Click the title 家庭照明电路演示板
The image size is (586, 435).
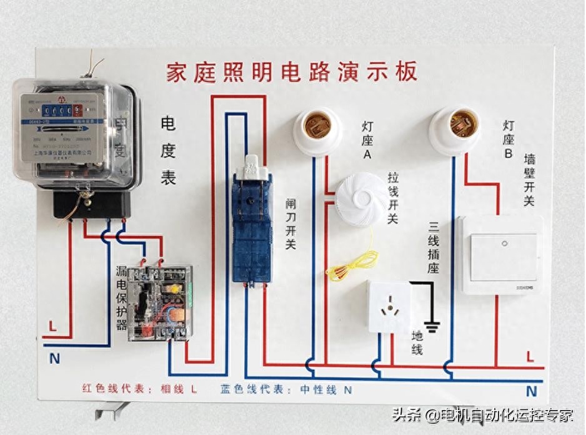pos(291,72)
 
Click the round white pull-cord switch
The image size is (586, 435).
pos(361,199)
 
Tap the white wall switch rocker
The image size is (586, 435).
pos(503,256)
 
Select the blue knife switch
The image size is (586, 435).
pos(252,225)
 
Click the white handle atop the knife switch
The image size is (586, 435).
pos(251,165)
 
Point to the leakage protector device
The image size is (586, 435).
pos(159,302)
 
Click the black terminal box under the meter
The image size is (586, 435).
pos(92,204)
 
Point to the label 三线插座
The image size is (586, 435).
pos(434,247)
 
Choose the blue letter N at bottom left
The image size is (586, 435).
pos(54,359)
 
